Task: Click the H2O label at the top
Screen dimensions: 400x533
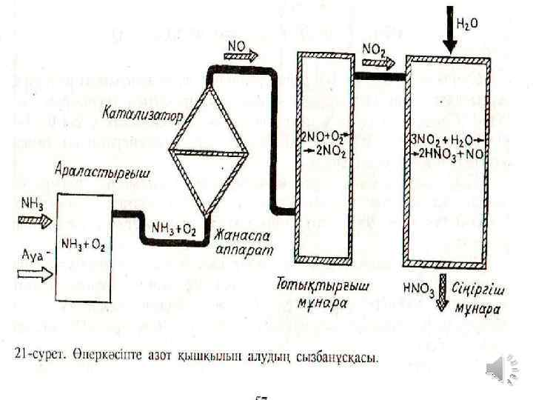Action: [x=466, y=24]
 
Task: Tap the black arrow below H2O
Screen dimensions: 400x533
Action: [x=449, y=30]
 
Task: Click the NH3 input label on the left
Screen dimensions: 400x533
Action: [x=32, y=201]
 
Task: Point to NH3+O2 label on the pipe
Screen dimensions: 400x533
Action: [x=173, y=229]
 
